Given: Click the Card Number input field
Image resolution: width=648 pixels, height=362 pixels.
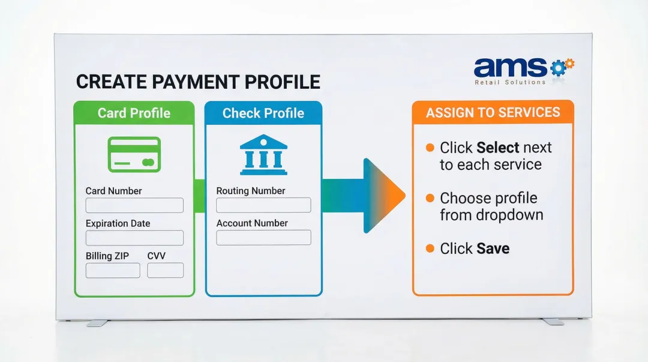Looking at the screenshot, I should [134, 205].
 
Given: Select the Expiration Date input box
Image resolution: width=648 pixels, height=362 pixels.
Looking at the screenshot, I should [134, 238].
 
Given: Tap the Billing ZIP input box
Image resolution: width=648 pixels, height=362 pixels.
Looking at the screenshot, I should [113, 270].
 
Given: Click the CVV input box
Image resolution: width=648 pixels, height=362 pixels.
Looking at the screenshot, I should [166, 270].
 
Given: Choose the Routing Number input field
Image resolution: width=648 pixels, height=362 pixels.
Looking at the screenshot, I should [263, 205].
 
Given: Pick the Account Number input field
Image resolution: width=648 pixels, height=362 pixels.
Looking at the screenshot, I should [263, 238].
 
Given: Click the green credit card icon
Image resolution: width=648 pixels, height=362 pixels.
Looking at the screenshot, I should [134, 155].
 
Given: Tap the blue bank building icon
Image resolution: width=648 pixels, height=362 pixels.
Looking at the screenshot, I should [263, 155].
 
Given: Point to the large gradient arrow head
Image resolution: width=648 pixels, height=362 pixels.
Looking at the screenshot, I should [384, 196].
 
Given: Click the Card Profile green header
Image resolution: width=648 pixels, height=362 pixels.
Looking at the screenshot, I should [134, 113].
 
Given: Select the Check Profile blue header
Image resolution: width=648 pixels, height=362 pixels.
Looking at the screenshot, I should [263, 113].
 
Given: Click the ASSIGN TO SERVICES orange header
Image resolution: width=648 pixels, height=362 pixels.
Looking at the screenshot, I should [493, 112].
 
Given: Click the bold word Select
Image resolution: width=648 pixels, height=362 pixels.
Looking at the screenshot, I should [497, 148].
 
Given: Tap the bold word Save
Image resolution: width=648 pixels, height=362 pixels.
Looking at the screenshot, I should [493, 249].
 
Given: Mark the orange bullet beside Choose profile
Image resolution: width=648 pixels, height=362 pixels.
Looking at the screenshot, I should [430, 198].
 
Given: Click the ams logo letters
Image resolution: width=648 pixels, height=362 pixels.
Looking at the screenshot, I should [510, 67].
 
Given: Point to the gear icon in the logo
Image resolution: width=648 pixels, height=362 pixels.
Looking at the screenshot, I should [560, 67].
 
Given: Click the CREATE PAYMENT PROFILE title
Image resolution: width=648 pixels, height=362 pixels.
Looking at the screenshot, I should [198, 82].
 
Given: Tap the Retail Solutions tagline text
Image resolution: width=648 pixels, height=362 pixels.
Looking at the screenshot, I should [510, 82].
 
